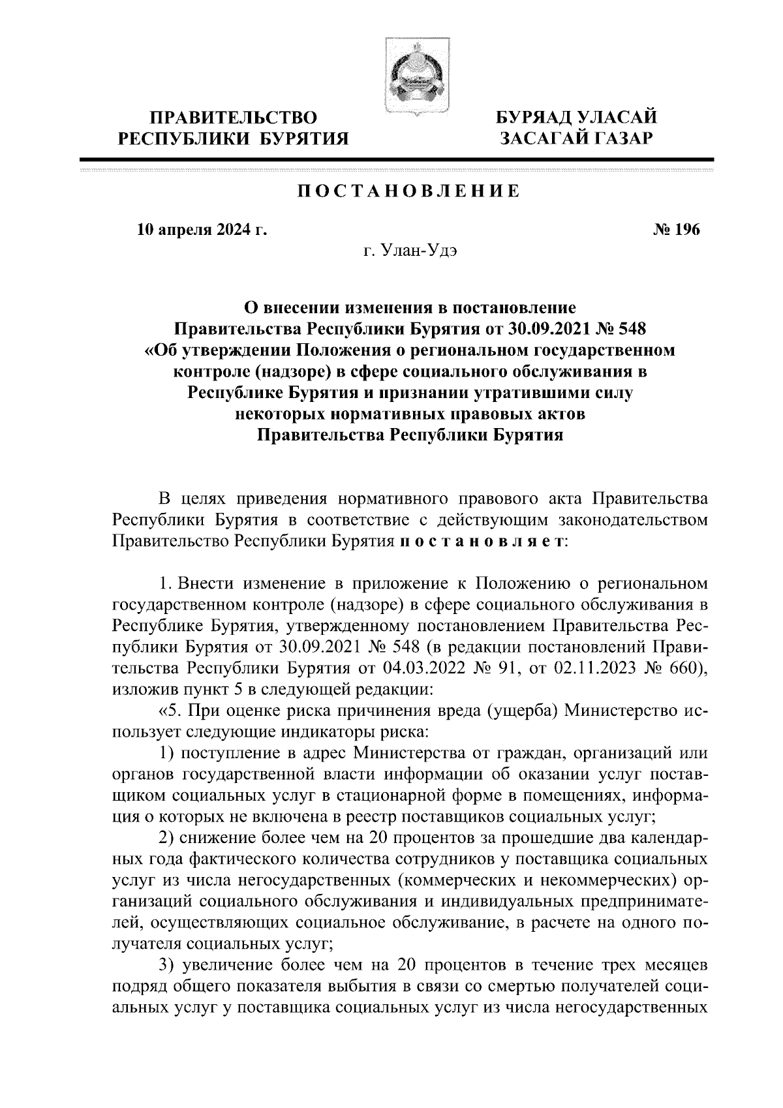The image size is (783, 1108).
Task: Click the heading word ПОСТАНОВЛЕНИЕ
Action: coord(410,192)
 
